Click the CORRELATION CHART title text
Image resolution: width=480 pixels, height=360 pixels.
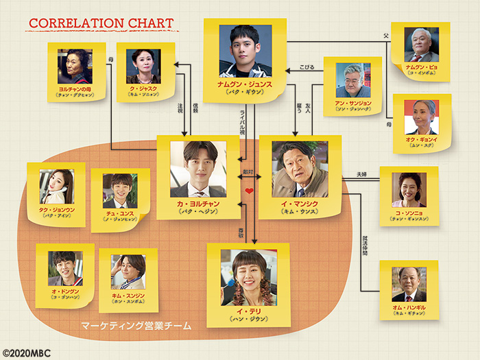(x=101, y=23)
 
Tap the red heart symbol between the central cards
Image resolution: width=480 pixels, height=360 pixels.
(x=250, y=191)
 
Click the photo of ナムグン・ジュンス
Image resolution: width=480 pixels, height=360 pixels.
(x=245, y=51)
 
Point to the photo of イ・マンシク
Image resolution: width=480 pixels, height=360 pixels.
(x=300, y=169)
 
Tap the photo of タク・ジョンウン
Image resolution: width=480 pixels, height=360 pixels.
(x=56, y=187)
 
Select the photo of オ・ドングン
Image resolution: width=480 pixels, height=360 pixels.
(x=65, y=268)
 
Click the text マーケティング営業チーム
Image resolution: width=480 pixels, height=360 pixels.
(x=135, y=325)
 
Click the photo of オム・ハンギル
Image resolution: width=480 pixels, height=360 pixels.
(x=409, y=284)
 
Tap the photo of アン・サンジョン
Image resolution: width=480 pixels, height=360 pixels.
(x=353, y=80)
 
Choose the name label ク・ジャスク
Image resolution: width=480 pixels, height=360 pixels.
(x=143, y=90)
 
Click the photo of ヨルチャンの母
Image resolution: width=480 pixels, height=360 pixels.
(x=75, y=67)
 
